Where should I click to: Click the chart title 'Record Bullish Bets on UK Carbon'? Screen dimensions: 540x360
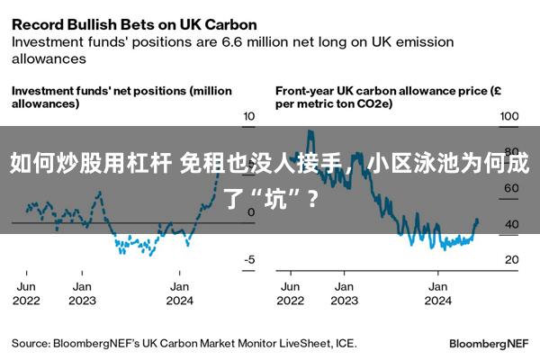tap(134, 25)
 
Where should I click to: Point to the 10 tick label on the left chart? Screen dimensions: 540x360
tap(248, 116)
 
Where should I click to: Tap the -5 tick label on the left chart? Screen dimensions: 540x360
tap(249, 260)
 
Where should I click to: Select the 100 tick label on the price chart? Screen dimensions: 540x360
tap(509, 116)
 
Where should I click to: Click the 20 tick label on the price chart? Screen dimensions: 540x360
tap(512, 260)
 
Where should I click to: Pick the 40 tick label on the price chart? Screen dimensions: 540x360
tap(512, 224)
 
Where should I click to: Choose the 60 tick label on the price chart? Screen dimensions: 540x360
tap(512, 188)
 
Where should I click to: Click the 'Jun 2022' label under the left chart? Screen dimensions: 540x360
tap(26, 293)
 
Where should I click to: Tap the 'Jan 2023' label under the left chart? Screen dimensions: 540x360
tap(82, 293)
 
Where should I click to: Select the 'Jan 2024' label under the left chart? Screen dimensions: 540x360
tap(179, 293)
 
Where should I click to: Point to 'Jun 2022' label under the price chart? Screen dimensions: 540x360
tap(291, 293)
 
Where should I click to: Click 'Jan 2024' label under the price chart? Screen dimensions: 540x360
tap(437, 293)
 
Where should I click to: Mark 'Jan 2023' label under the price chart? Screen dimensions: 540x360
tap(344, 293)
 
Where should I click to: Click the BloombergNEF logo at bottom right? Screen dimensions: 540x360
tap(489, 344)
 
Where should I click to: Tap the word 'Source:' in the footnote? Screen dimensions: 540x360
tap(31, 344)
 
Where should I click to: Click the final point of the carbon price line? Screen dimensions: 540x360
tap(477, 220)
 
